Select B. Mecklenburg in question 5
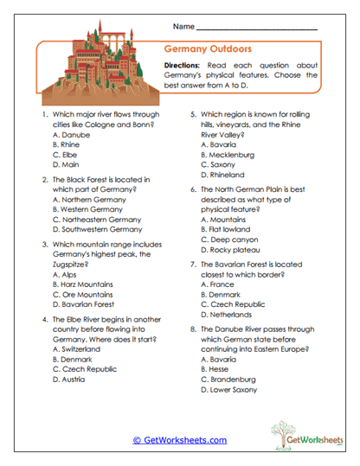(230, 154)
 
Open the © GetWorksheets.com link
(179, 439)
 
